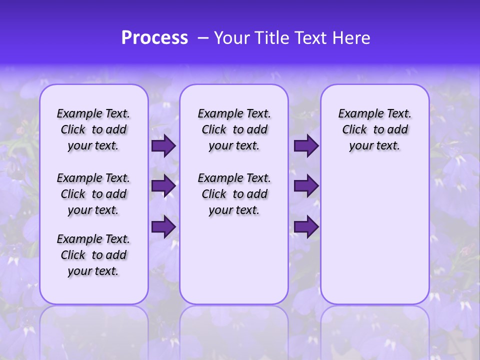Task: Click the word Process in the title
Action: click(154, 38)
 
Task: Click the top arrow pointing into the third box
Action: click(306, 146)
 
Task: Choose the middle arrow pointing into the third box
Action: click(306, 186)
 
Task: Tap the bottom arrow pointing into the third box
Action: click(306, 227)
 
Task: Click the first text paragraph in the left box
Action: click(93, 129)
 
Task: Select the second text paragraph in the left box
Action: click(93, 194)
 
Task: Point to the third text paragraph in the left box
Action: click(93, 255)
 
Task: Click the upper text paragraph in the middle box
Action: click(234, 129)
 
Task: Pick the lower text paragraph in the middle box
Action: click(234, 194)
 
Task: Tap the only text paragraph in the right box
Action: click(375, 129)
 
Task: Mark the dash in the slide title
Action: click(202, 38)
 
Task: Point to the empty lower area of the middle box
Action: click(234, 260)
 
